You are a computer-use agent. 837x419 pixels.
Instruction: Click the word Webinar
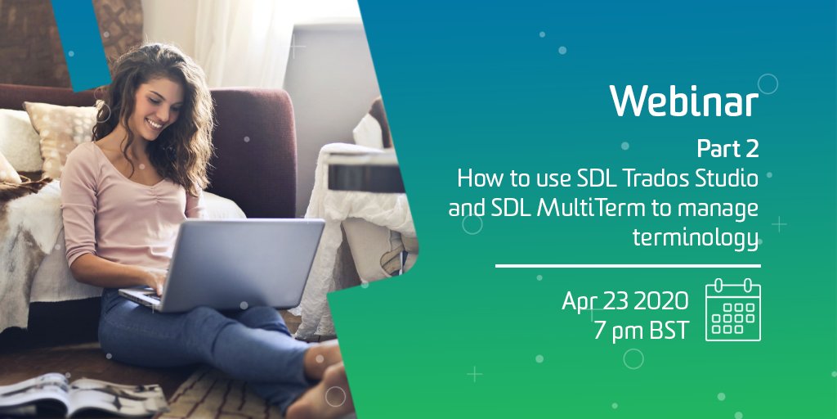coord(683,101)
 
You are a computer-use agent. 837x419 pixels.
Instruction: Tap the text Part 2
coord(727,148)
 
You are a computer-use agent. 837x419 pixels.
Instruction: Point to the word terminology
coord(696,237)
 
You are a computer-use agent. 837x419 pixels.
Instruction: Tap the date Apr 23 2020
coord(624,301)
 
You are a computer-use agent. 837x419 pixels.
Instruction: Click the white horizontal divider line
coord(627,265)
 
